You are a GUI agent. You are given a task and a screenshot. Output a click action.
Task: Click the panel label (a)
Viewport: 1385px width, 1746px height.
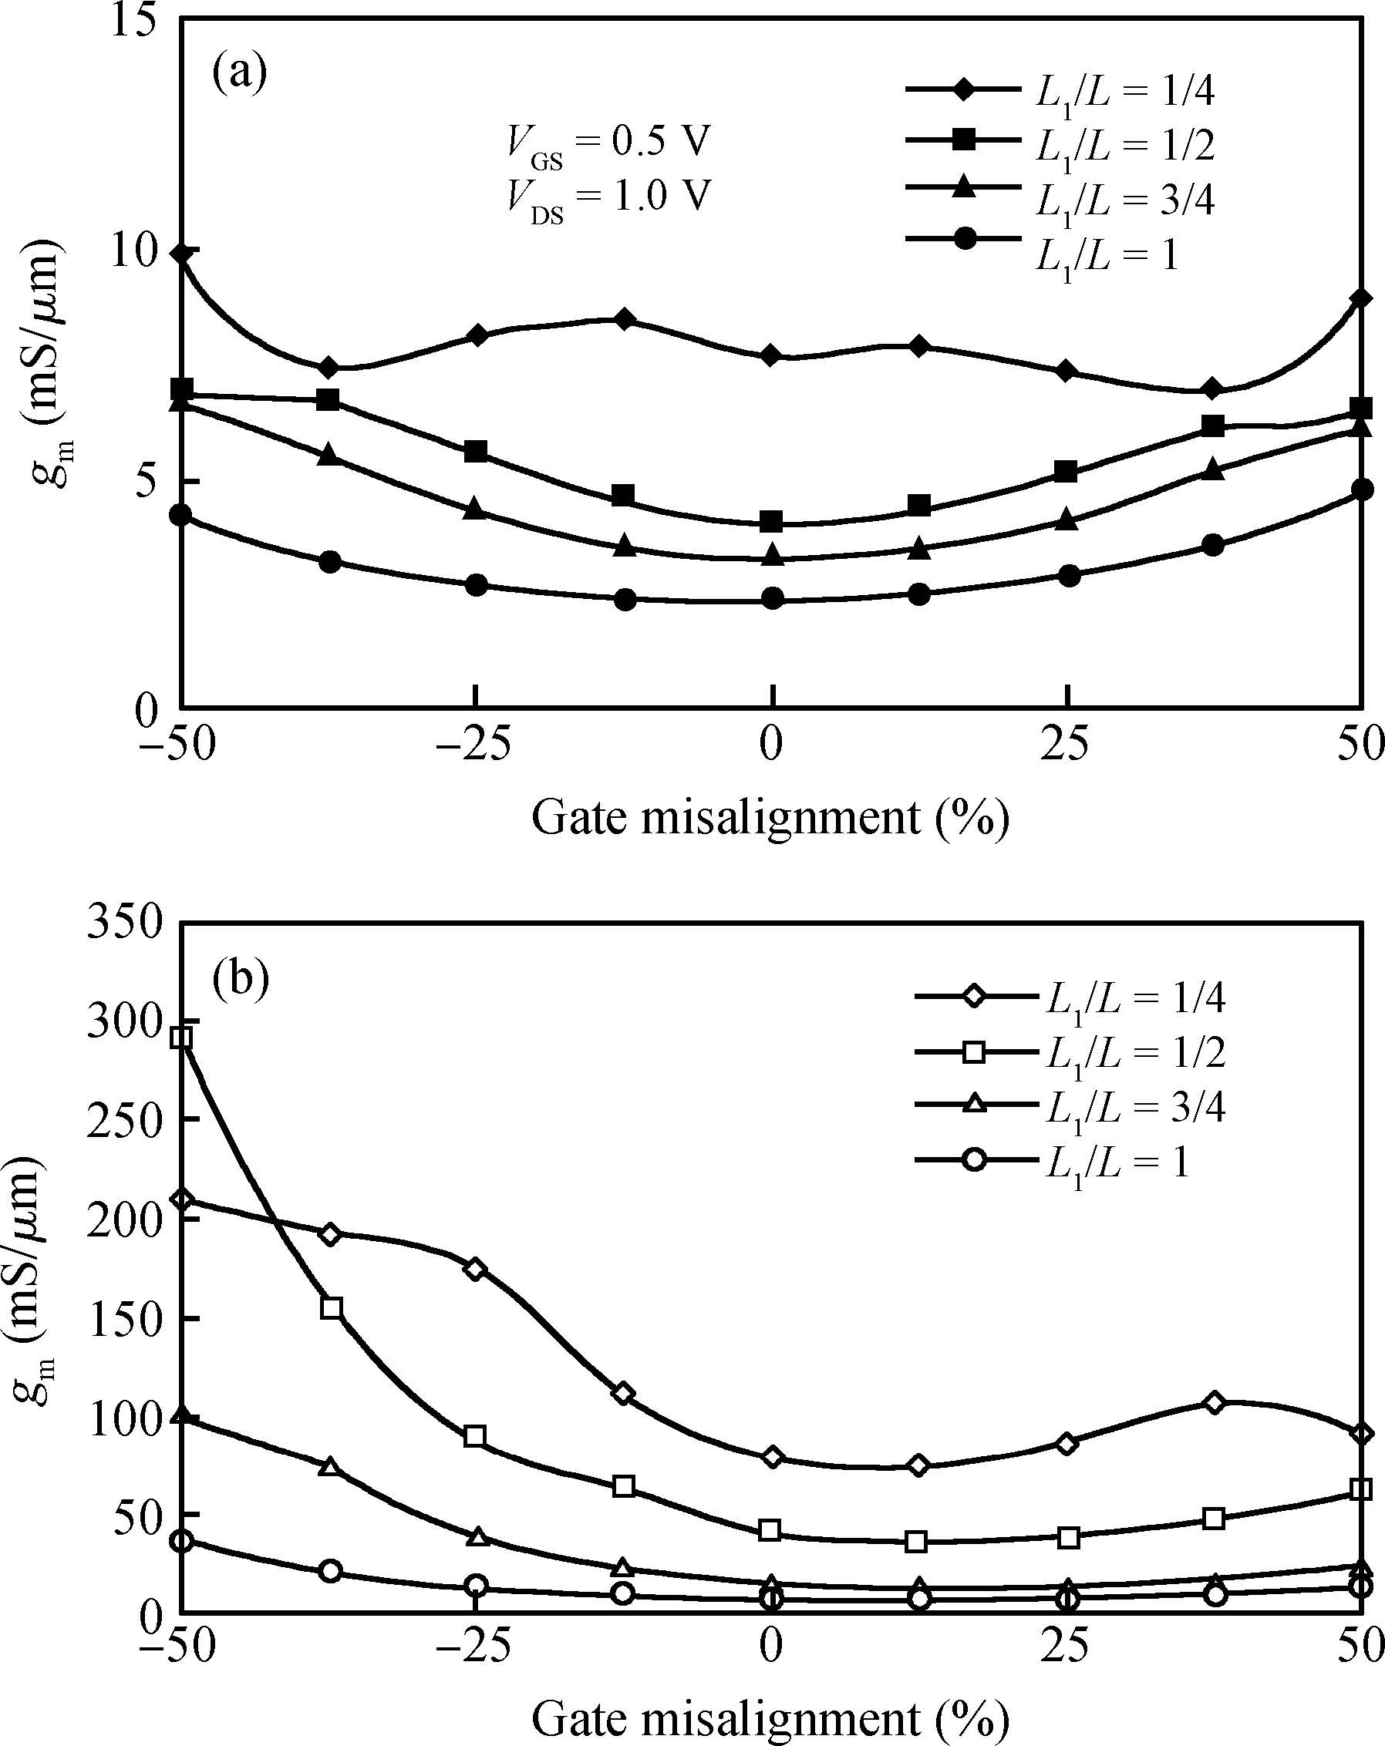coord(239,75)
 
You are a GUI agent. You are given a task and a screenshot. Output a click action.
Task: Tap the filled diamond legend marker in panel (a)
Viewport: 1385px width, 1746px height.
coord(963,89)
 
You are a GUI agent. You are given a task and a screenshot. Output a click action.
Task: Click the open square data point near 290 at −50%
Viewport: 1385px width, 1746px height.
coord(182,1038)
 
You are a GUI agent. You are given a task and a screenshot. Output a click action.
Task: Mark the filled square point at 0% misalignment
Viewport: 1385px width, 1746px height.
coord(773,521)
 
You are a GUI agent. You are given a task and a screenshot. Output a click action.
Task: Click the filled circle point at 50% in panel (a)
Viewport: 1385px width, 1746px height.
coord(1363,489)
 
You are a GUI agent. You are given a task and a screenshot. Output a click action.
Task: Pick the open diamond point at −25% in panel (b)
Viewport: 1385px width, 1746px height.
coord(477,1269)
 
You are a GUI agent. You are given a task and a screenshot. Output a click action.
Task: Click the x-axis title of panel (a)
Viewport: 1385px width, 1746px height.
coord(770,818)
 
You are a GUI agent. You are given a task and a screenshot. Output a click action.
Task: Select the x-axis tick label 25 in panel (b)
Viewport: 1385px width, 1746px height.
coord(1067,1649)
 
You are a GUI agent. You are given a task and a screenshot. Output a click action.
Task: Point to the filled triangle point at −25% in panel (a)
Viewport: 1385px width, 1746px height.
coord(477,510)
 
